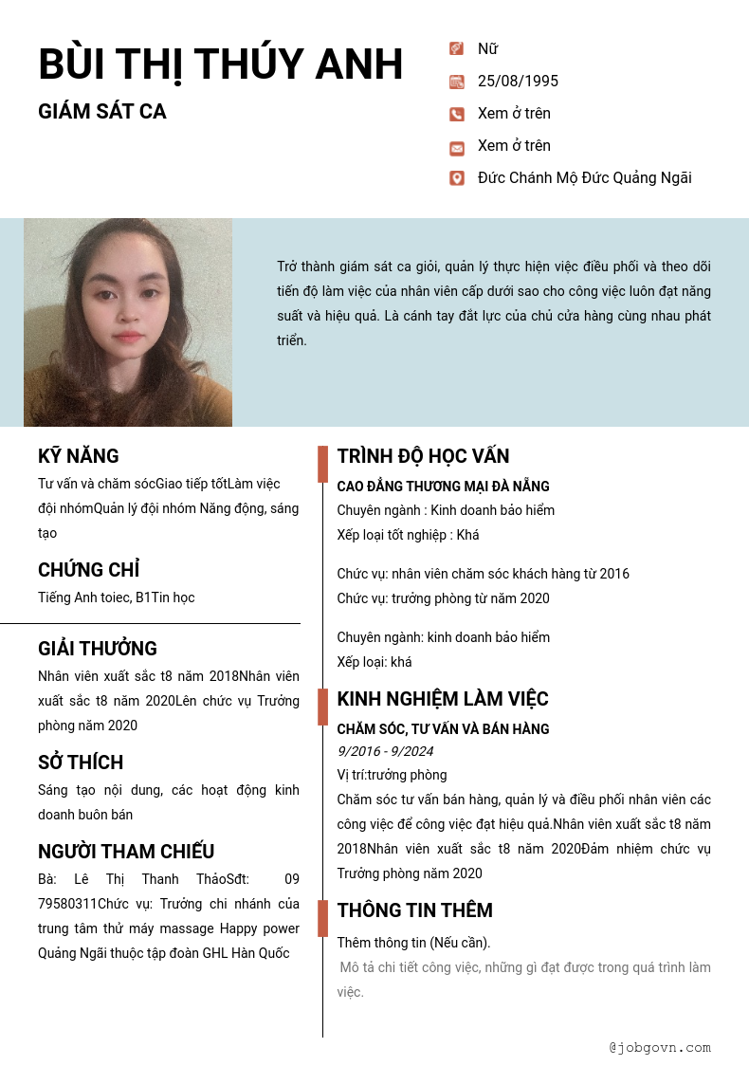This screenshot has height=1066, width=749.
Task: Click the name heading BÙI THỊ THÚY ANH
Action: [x=220, y=64]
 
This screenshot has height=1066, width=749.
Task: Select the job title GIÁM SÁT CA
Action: [x=102, y=112]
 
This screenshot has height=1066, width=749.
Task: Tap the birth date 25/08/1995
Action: [x=518, y=82]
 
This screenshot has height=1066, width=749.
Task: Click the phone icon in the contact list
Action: [x=457, y=114]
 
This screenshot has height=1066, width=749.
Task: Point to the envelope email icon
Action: [x=457, y=147]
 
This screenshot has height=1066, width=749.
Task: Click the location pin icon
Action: [x=457, y=178]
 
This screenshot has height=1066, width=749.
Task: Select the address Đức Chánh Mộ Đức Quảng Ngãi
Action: [x=584, y=178]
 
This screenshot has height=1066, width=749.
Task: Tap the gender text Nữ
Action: [x=487, y=49]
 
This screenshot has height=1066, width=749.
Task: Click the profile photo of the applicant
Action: [x=128, y=322]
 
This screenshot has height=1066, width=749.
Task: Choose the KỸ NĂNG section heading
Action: [x=79, y=456]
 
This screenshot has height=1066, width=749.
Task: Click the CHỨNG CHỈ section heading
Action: [x=89, y=570]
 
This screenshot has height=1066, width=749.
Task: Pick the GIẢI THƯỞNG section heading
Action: [x=98, y=649]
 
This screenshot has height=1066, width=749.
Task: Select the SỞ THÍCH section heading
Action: [x=81, y=763]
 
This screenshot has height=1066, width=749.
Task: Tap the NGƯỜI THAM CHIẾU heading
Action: [x=126, y=852]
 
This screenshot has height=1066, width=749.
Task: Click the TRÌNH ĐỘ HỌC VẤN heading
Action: [x=423, y=456]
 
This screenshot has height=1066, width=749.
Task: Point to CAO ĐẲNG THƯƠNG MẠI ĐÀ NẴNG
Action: [x=443, y=487]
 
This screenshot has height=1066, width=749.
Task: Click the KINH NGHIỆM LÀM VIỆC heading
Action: [x=443, y=699]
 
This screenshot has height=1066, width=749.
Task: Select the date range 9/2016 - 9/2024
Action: [x=385, y=751]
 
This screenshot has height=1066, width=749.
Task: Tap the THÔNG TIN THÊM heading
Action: [x=414, y=910]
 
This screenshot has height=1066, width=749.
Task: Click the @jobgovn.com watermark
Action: [x=660, y=1048]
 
